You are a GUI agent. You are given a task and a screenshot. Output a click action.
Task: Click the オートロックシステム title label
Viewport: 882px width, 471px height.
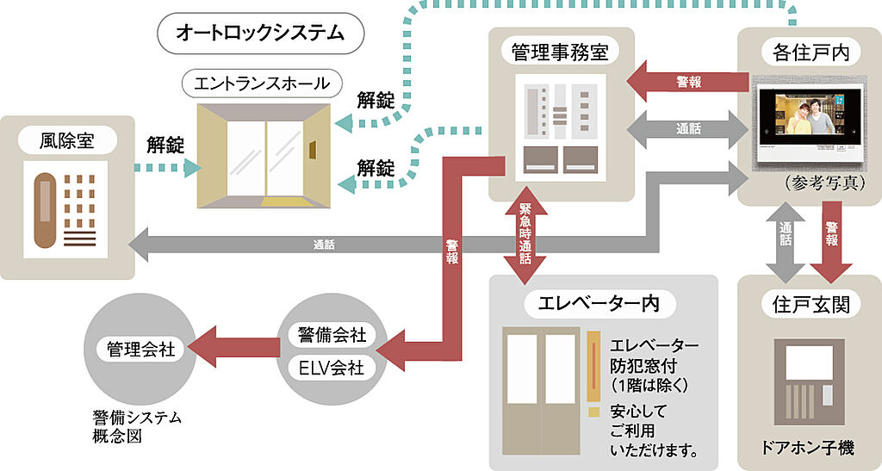pos(260,33)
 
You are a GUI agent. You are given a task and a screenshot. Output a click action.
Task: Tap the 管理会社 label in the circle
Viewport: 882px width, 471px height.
pos(140,350)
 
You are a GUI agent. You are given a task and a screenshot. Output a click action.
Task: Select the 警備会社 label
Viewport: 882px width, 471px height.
pos(332,334)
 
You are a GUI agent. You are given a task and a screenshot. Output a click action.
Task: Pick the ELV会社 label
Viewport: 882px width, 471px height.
pos(332,367)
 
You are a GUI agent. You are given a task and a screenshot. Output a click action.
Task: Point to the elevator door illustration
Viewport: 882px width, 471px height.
pos(540,387)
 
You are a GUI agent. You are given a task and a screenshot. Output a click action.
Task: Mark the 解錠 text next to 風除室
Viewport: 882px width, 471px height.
pos(165,144)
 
